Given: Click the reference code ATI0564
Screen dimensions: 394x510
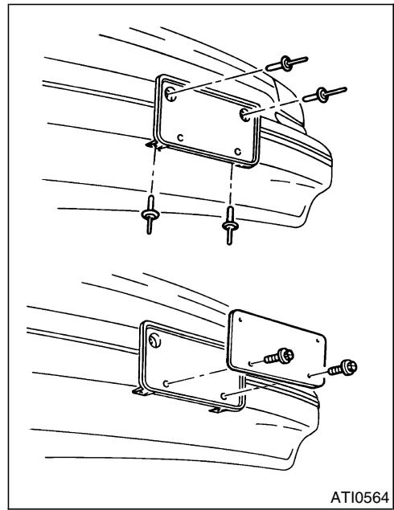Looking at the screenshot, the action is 359,497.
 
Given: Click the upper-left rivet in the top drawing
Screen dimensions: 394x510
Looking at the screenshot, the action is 286,63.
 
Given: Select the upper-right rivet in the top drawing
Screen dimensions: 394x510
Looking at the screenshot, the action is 324,94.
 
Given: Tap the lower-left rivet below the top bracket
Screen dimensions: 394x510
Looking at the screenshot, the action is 150,214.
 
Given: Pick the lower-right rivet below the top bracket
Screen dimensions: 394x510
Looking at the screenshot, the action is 230,226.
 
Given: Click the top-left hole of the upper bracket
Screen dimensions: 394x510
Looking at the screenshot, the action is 170,94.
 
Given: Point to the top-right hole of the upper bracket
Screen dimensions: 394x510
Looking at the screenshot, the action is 245,115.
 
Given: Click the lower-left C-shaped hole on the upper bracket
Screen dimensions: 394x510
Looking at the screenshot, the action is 180,137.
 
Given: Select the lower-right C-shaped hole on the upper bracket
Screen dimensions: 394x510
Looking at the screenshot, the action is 238,152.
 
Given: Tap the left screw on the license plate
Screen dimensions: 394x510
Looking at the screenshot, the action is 279,356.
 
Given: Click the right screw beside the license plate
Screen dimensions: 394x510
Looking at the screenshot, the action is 343,368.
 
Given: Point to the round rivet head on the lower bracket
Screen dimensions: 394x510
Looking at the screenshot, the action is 154,341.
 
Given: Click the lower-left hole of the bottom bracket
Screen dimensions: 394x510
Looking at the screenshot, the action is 166,384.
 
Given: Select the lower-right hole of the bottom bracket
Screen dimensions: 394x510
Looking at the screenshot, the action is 224,396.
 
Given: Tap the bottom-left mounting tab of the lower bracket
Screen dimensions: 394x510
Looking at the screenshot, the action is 141,391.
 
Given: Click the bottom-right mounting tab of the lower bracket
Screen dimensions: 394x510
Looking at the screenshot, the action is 218,410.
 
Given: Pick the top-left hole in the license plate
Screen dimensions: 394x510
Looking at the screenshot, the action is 240,320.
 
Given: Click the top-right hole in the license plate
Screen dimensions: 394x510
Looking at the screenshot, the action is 318,341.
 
